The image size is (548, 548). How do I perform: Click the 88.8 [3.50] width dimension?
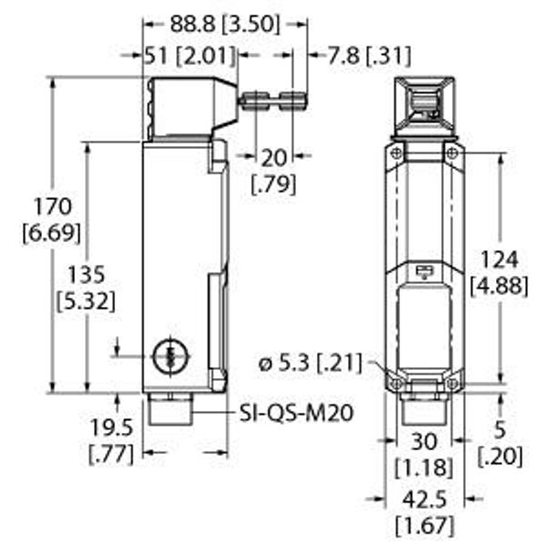click(225, 25)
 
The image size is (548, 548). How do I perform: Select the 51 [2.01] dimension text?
click(190, 56)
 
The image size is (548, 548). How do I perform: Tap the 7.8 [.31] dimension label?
click(369, 55)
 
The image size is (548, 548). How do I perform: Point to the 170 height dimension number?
click(52, 206)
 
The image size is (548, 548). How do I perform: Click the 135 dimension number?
click(86, 274)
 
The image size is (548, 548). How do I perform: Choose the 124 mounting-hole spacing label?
click(499, 259)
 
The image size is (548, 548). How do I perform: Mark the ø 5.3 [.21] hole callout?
click(311, 363)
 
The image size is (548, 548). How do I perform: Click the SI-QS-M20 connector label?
click(296, 413)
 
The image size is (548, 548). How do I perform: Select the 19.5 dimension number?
click(111, 427)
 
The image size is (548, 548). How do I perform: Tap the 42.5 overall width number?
click(425, 500)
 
